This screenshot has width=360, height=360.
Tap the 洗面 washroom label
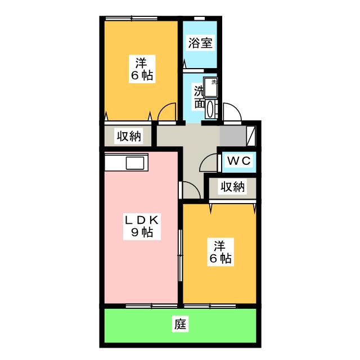click(x=199, y=97)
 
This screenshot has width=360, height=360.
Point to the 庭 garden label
click(x=180, y=325)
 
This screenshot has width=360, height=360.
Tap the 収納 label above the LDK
click(x=129, y=136)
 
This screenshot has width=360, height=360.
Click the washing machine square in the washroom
click(x=212, y=84)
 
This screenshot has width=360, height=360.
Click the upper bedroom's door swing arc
click(x=166, y=112)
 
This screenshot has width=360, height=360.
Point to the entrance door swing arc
click(x=232, y=112)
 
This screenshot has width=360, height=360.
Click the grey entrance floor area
click(x=233, y=136)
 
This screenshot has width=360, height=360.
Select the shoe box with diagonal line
click(x=252, y=136)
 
